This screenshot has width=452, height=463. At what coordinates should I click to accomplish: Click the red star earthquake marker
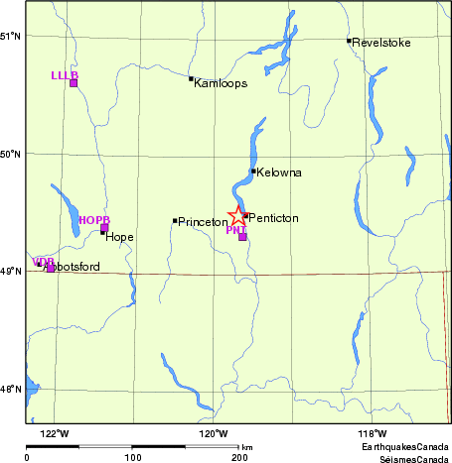click(238, 215)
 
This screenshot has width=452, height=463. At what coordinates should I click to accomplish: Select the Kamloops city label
click(222, 83)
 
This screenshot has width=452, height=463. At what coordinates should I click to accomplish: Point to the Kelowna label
click(279, 173)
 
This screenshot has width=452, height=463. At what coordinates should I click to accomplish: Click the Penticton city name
click(273, 218)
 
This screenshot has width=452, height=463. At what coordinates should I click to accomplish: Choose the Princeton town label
click(203, 222)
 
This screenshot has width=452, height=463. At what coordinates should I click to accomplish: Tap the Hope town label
click(119, 238)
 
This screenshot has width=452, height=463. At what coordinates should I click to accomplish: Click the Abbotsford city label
click(72, 267)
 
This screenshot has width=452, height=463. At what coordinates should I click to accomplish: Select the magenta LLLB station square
click(74, 82)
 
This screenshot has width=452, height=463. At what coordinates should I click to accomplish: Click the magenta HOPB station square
click(104, 228)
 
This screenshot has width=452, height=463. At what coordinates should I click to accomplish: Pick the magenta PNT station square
click(242, 237)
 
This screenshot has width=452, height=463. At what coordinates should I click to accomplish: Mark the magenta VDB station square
click(51, 268)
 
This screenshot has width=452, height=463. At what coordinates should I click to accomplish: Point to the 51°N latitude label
click(12, 37)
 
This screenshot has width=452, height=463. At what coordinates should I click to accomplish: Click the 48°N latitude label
click(12, 389)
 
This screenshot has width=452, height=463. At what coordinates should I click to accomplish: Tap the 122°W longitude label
click(55, 433)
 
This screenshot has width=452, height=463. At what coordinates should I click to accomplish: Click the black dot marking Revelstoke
click(350, 41)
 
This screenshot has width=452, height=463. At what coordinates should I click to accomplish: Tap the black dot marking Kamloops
click(191, 78)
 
